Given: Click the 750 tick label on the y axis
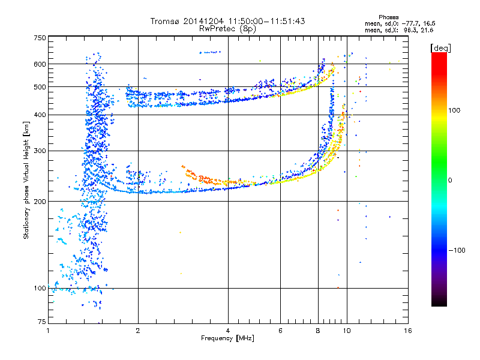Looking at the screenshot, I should pos(40,38).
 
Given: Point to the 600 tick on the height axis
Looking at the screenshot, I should pos(40,64).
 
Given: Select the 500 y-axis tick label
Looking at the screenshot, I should pos(40,87).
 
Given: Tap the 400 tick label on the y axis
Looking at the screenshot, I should pos(40,115).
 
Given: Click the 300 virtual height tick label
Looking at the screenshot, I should pos(40,151).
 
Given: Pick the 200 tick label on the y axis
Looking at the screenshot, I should pos(40,202).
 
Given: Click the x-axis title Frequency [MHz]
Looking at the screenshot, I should pos(227,338).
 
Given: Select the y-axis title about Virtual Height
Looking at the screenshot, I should pos(27,180).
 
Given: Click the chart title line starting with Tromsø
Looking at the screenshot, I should pos(227,21).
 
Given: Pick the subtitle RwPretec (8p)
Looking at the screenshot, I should pos(227,28).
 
